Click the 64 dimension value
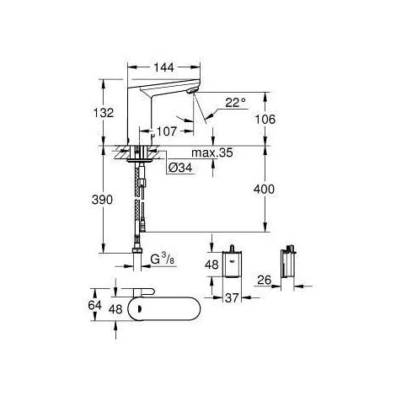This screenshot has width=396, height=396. [96, 304]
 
